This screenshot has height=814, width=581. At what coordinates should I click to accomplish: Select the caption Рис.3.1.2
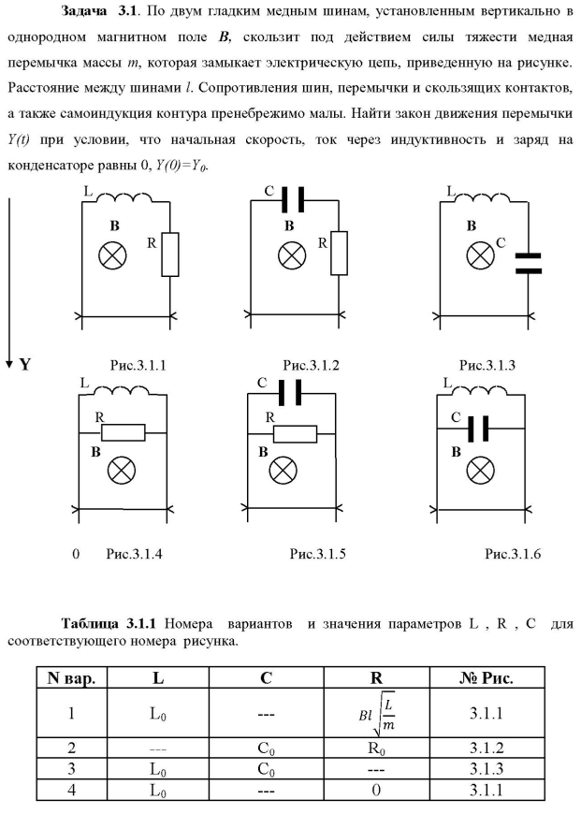coord(313,366)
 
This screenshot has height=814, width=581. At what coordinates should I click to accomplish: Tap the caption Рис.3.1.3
coord(487,366)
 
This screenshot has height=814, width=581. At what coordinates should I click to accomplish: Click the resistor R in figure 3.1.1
coord(169,254)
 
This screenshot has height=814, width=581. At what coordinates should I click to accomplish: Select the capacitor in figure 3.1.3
coord(529,263)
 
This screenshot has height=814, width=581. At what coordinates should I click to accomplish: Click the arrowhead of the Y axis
coord(9,361)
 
